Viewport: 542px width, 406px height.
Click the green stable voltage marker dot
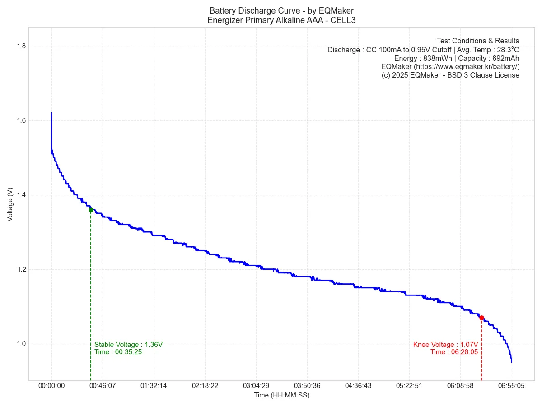pyautogui.click(x=91, y=210)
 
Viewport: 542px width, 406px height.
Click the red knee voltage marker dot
pyautogui.click(x=481, y=318)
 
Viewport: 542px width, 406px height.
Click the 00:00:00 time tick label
pyautogui.click(x=51, y=386)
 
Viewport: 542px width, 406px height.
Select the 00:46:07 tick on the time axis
pyautogui.click(x=103, y=386)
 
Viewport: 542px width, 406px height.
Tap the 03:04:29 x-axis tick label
pyautogui.click(x=256, y=386)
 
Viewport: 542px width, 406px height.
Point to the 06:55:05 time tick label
pyautogui.click(x=511, y=386)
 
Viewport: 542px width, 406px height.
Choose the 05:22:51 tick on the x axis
pyautogui.click(x=409, y=386)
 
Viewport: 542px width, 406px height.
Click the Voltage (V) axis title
pyautogui.click(x=10, y=204)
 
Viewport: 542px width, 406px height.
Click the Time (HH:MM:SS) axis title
pyautogui.click(x=281, y=395)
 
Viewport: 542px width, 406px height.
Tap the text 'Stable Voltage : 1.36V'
pyautogui.click(x=128, y=345)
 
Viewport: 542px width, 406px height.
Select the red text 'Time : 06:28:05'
pyautogui.click(x=454, y=352)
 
